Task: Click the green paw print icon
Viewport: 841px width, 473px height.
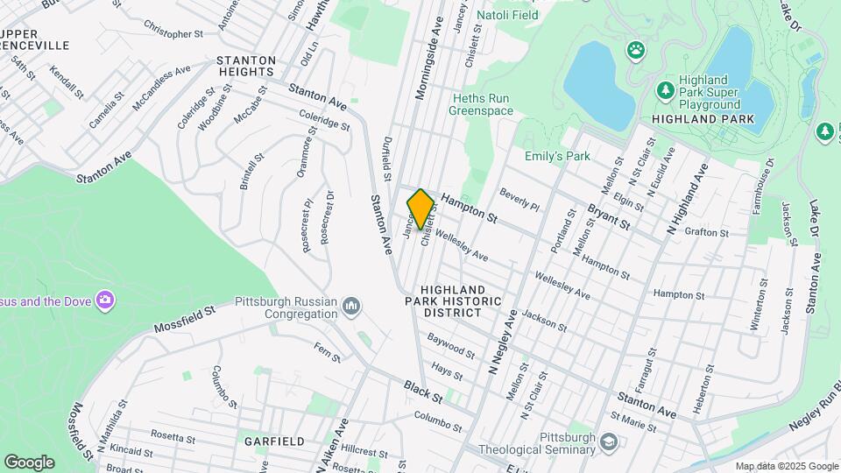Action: (633, 51)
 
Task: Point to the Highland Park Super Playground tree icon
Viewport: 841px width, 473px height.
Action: (665, 89)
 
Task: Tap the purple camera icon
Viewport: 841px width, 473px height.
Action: (105, 301)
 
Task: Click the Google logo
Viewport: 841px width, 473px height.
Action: (29, 462)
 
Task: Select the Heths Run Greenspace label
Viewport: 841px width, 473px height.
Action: (481, 104)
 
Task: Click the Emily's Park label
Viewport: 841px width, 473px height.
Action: (557, 157)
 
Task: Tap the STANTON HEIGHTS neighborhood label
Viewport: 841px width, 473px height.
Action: (246, 67)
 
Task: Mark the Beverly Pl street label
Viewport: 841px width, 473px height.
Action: (519, 198)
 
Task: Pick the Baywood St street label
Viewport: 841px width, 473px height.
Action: (451, 345)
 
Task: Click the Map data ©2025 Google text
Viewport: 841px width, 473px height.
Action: (786, 466)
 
